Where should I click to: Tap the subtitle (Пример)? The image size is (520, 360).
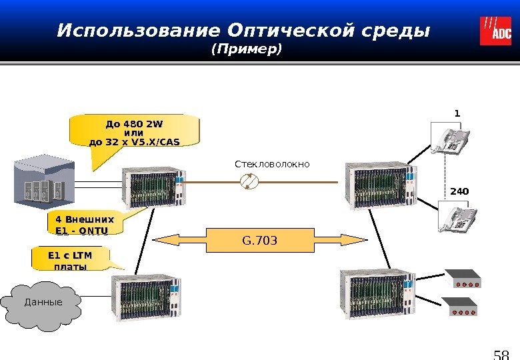tap(246, 50)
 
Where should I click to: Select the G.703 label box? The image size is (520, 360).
tap(259, 239)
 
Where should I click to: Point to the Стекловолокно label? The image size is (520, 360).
tap(272, 163)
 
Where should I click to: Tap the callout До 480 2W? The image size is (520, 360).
tap(135, 131)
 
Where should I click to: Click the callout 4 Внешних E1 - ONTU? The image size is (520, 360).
tap(79, 223)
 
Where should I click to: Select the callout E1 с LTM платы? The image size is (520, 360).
tap(69, 259)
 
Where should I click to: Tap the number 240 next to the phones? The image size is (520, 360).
tap(459, 191)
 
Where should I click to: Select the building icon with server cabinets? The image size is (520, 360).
tap(41, 181)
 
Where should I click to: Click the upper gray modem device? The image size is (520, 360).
tap(463, 278)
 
